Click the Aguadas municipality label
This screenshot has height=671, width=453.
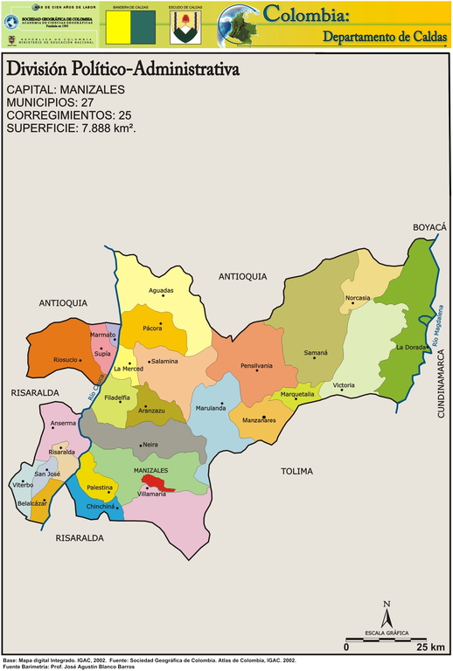pos(162,291)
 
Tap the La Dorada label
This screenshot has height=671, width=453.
pos(411,348)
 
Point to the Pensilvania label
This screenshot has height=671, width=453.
pos(257,365)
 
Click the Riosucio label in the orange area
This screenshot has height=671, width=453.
pos(66,360)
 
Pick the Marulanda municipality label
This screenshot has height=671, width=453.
pos(211,407)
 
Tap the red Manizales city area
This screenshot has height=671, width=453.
pos(157,483)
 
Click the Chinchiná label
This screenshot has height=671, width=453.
pos(101,507)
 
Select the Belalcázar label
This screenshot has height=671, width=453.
pos(32,504)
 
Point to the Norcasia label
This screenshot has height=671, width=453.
pos(358,298)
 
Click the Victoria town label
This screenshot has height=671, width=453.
pos(344,385)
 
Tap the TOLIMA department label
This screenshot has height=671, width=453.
pos(296,471)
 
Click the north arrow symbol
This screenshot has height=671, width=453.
pos(387,612)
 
